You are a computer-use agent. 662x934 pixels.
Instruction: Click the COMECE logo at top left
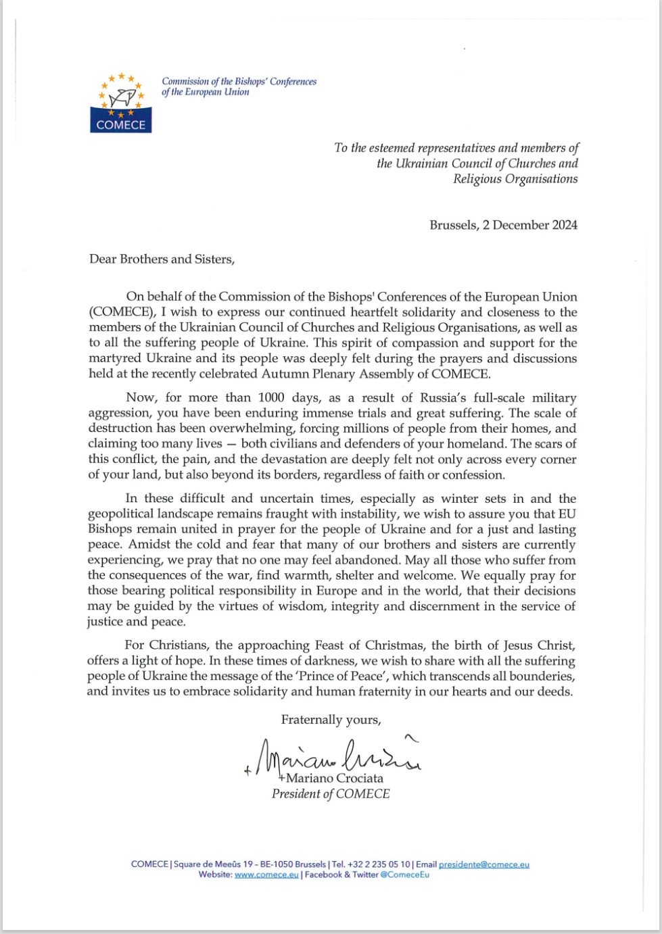point(121,103)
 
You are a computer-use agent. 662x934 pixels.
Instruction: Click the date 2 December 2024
point(530,225)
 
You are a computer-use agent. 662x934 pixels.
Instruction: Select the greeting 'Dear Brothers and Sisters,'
point(162,260)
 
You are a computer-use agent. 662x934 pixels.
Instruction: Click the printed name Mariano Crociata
point(333,779)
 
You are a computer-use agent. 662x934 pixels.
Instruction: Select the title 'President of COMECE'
point(331,794)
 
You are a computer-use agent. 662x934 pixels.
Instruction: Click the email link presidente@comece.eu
point(484,864)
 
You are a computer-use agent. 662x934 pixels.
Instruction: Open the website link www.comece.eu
point(266,875)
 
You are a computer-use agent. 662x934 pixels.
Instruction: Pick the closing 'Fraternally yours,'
point(331,720)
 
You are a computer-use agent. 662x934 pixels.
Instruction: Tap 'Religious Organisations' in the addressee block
point(515,179)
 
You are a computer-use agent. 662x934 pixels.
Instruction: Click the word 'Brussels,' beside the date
point(454,225)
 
